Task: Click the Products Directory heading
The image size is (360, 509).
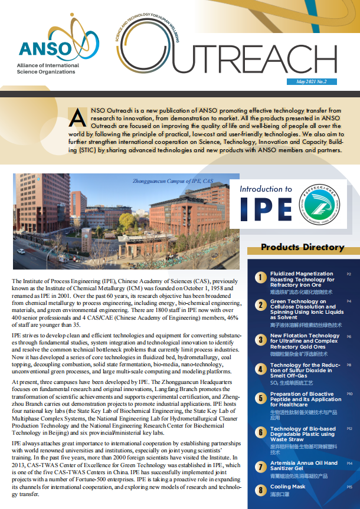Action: click(x=302, y=247)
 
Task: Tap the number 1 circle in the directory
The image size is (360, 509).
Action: click(x=260, y=277)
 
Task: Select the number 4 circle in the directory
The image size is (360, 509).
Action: click(x=260, y=369)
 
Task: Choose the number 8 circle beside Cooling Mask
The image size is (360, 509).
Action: click(x=260, y=490)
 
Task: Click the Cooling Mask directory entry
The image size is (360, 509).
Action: click(x=288, y=487)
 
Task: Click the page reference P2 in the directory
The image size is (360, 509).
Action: click(x=349, y=274)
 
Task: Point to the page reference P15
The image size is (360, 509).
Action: click(x=349, y=487)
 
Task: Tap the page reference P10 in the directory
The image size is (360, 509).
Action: click(x=349, y=393)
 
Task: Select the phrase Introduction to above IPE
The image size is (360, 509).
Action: click(x=266, y=189)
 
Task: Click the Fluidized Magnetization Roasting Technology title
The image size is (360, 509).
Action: click(x=302, y=280)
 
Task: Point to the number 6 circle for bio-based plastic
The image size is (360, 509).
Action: click(x=260, y=432)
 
